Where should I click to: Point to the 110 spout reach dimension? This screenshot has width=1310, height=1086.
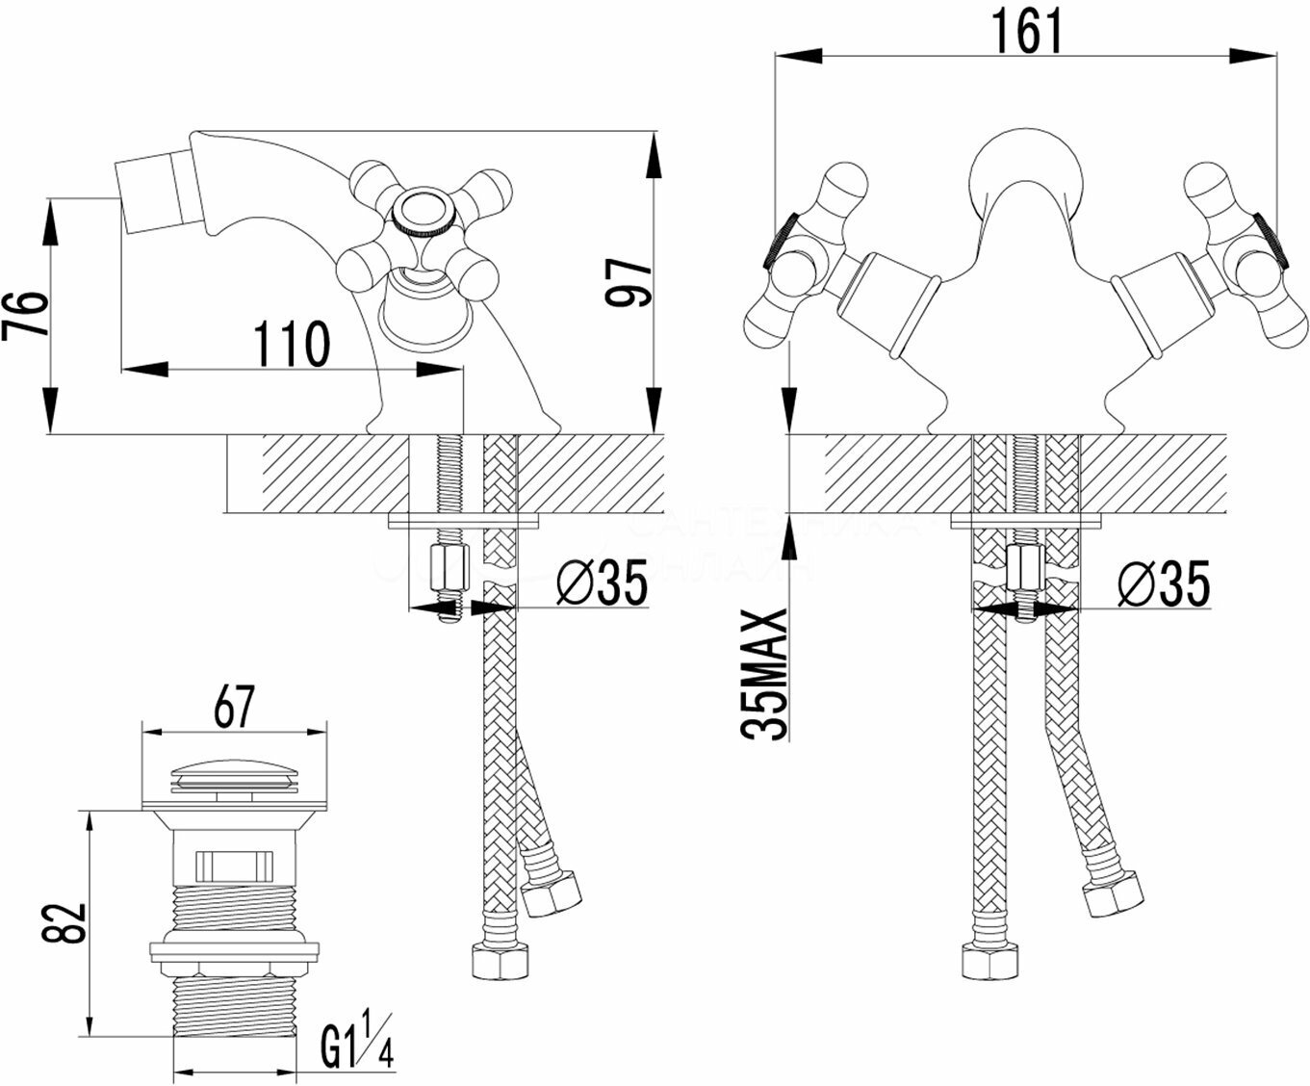pos(290,343)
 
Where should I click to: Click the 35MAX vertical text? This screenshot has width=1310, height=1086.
pos(766,674)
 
